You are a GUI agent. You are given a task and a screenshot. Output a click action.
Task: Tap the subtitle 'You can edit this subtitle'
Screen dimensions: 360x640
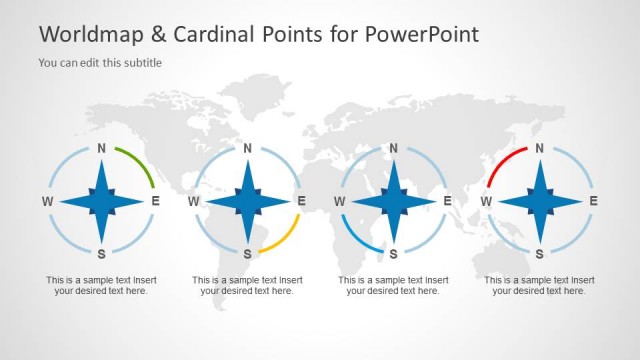[100, 63]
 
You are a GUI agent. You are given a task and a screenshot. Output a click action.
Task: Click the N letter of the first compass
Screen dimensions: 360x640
[101, 148]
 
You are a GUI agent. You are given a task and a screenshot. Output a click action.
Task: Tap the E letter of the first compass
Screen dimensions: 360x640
[155, 201]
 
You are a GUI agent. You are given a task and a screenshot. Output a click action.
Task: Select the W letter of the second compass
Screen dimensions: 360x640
[194, 201]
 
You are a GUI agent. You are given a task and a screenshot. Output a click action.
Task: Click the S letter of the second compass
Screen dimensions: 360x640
[247, 253]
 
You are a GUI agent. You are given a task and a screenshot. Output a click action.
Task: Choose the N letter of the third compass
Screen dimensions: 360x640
[393, 148]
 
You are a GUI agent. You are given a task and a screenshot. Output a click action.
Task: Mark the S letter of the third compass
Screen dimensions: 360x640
[393, 253]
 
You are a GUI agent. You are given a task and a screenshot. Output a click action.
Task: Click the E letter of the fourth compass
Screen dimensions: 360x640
[593, 201]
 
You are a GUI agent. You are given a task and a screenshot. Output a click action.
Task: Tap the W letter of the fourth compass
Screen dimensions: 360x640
[486, 201]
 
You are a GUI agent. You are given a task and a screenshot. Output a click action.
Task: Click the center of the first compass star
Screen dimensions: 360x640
[101, 201]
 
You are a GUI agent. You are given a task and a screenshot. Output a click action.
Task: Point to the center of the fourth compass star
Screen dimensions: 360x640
[540, 201]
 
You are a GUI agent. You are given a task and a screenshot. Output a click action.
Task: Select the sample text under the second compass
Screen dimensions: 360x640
[247, 285]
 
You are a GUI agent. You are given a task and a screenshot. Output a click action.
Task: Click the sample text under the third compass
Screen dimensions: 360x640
[393, 285]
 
